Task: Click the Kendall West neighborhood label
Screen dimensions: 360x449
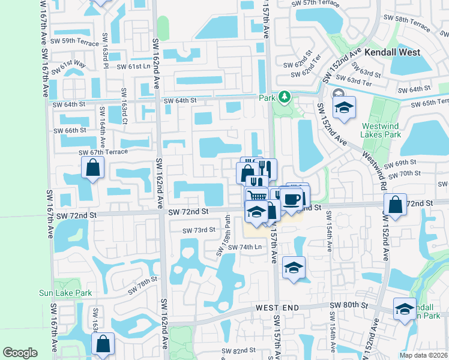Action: [393, 53]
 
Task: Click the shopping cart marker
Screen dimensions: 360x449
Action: [257, 196]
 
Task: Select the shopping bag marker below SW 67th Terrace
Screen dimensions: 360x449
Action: [93, 169]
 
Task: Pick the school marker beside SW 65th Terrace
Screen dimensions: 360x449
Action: [345, 108]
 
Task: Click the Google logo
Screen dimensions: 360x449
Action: [20, 353]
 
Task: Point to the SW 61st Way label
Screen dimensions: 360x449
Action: [68, 63]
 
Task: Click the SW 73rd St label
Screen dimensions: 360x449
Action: [199, 230]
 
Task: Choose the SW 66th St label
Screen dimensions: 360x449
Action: [70, 131]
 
